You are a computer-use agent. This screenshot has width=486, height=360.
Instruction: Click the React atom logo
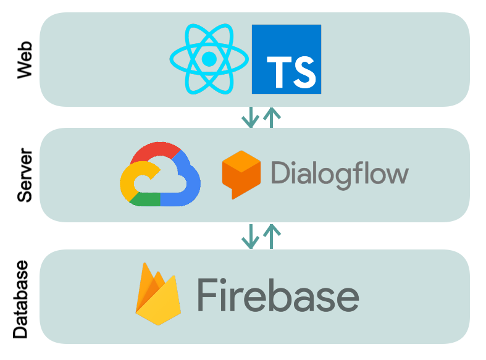point(209,59)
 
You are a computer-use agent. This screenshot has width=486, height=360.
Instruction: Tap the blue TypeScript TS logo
point(287,59)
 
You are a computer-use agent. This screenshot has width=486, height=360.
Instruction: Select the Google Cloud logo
point(161,174)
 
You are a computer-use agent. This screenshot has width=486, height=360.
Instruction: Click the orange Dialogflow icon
point(241,174)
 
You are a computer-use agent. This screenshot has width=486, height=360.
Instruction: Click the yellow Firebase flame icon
point(157,295)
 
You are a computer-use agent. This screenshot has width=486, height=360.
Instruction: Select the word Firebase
point(278,295)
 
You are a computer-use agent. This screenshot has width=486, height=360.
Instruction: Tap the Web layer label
point(24,60)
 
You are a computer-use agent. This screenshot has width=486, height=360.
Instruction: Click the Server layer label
point(24,175)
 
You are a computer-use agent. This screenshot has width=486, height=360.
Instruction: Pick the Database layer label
point(21,299)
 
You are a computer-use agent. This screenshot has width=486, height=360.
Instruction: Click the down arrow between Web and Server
point(249,117)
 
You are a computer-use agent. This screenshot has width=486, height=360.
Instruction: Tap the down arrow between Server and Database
point(249,236)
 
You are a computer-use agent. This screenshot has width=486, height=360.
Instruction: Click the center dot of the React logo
point(209,59)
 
